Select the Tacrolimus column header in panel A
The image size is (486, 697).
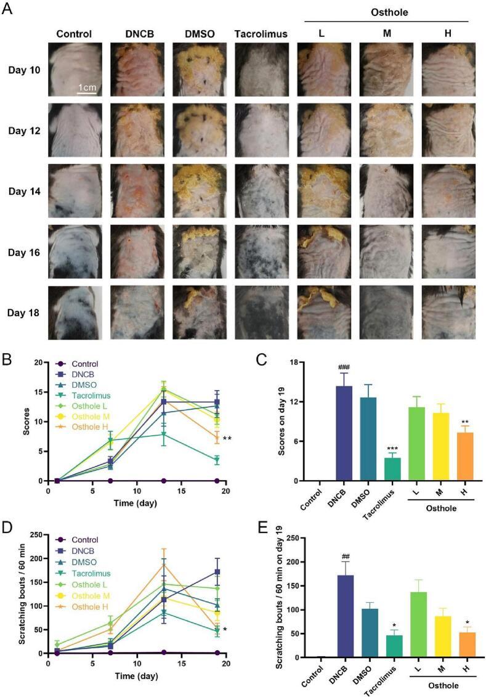[x=261, y=34]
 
